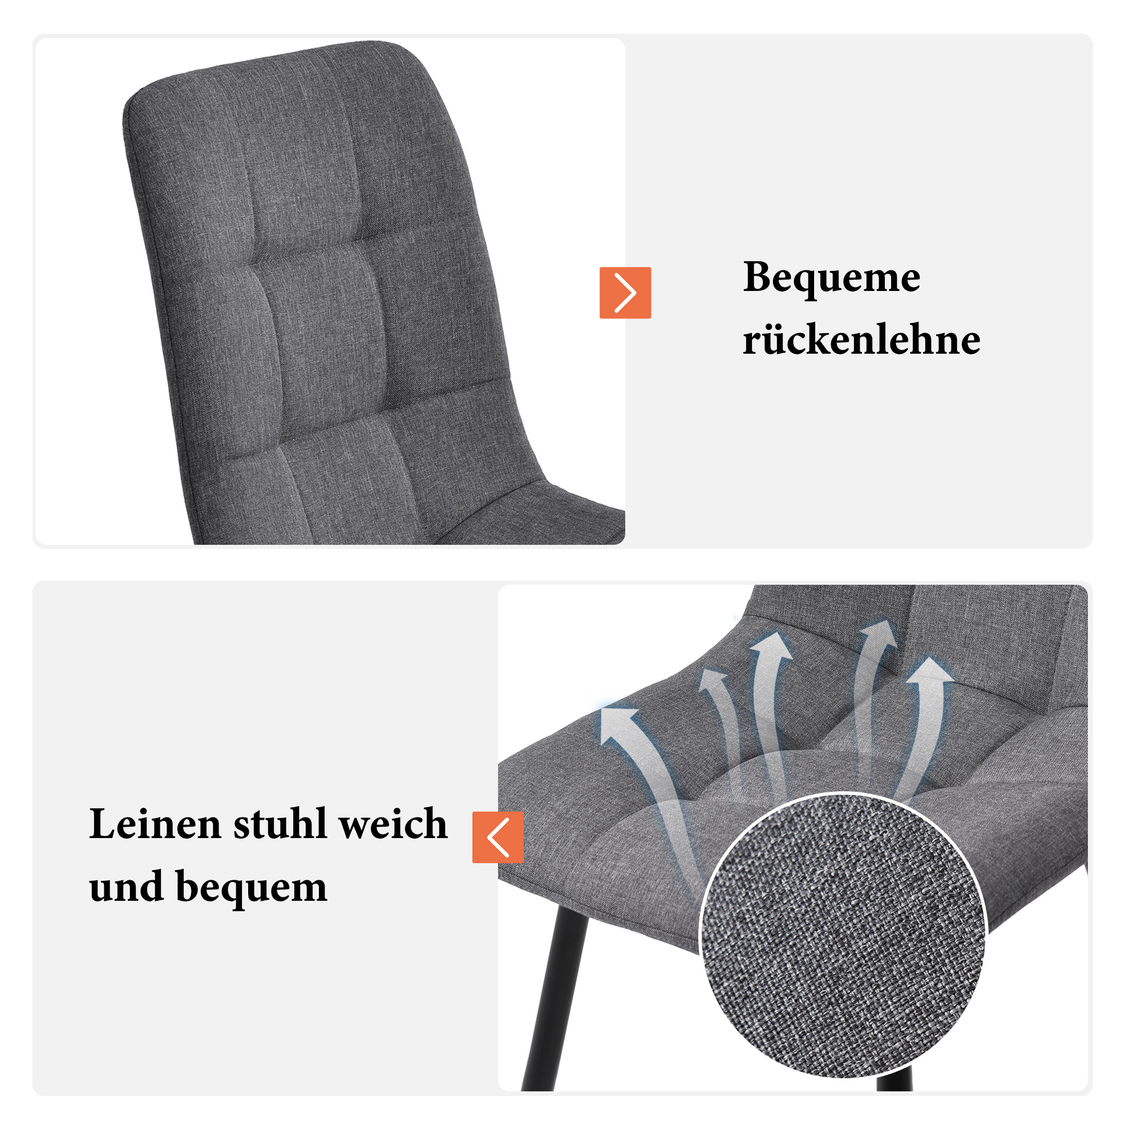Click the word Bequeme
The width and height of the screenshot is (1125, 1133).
[x=831, y=278]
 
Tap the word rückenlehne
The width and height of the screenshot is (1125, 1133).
[x=861, y=339]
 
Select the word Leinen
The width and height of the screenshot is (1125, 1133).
[x=155, y=824]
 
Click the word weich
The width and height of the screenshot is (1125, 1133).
[x=394, y=824]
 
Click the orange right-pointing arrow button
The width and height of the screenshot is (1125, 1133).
[x=625, y=293]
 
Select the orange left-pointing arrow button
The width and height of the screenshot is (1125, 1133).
[x=498, y=837]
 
